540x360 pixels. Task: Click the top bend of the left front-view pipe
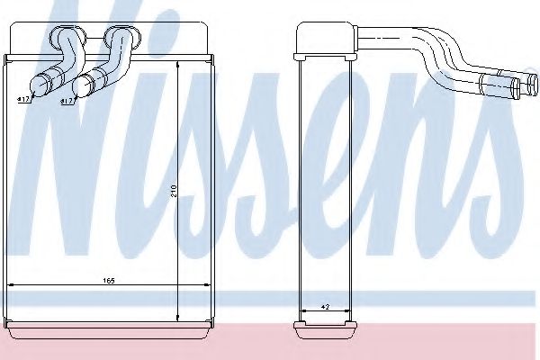[64, 37]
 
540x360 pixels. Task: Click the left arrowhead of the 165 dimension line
[11, 285]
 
